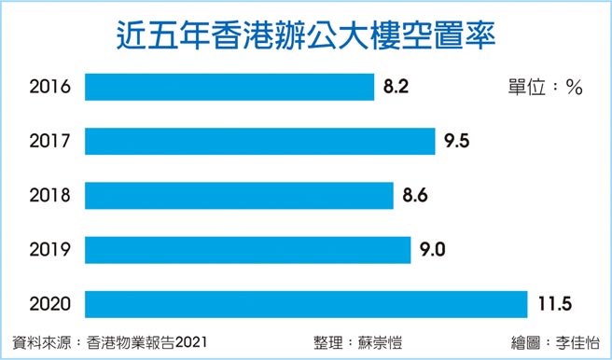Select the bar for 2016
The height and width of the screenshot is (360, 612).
point(229,87)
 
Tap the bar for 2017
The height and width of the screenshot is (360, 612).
point(260,141)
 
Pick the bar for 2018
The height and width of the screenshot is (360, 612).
point(239,195)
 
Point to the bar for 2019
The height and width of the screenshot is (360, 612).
point(248,249)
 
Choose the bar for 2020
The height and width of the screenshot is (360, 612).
point(307,303)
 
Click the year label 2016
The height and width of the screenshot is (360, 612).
point(49,88)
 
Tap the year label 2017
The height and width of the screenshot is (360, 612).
point(49,142)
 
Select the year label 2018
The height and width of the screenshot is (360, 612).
point(49,196)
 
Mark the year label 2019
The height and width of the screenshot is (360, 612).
point(49,250)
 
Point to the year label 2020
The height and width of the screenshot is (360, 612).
point(49,304)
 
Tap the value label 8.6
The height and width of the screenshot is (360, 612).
point(416,196)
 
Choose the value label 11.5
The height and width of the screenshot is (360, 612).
point(557,304)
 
